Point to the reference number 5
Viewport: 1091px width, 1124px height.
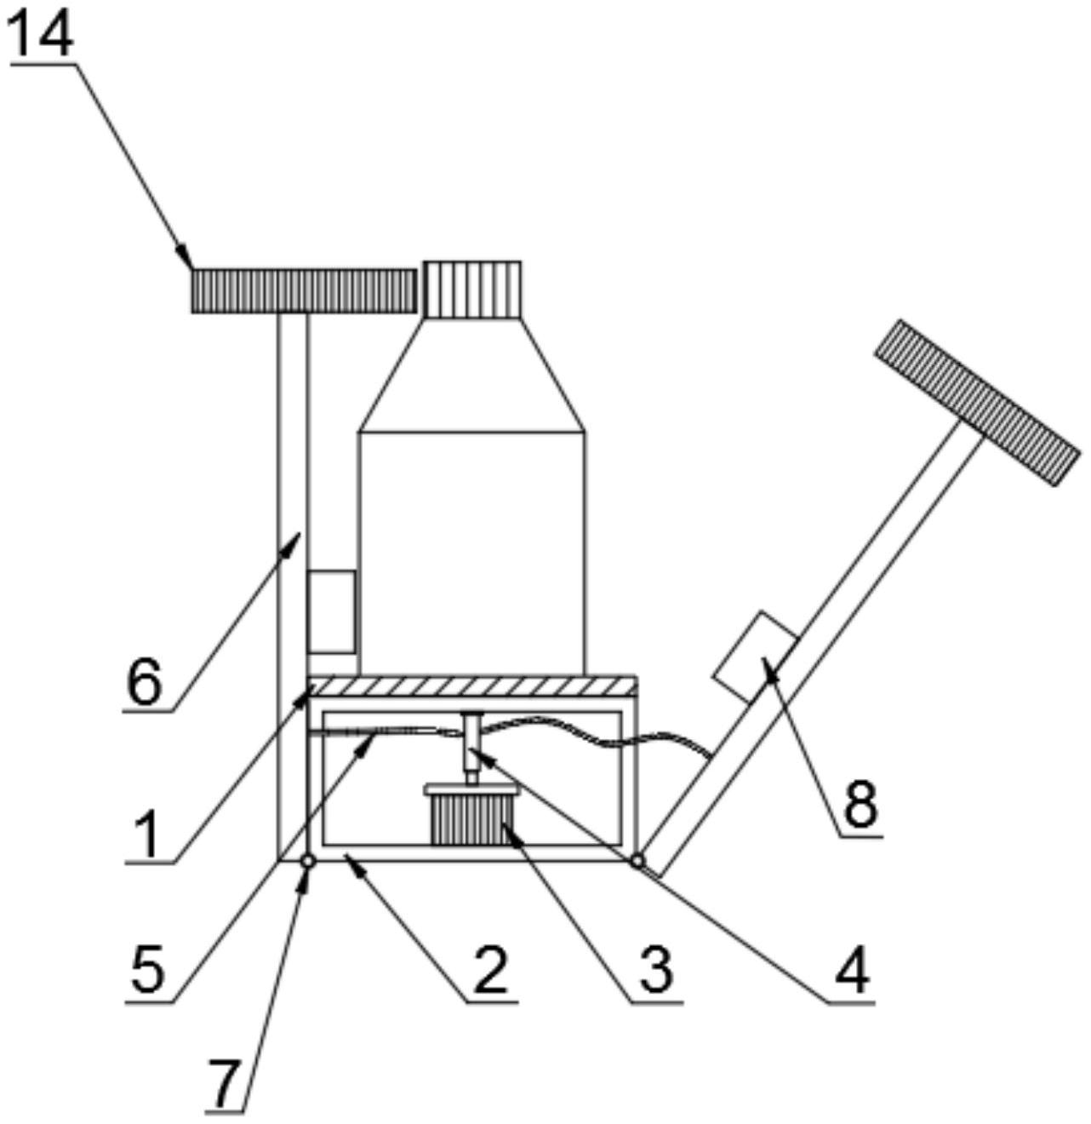point(146,971)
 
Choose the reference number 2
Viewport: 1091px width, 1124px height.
point(490,971)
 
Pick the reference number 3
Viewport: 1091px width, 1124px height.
point(656,971)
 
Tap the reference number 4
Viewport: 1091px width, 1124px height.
point(852,971)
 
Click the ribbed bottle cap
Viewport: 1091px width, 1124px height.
point(472,290)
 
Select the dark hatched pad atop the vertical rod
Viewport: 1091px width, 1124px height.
point(305,290)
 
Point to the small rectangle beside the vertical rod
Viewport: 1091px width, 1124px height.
point(331,611)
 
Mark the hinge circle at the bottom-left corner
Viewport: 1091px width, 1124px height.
point(307,862)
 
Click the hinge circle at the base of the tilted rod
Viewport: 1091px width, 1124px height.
point(637,862)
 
